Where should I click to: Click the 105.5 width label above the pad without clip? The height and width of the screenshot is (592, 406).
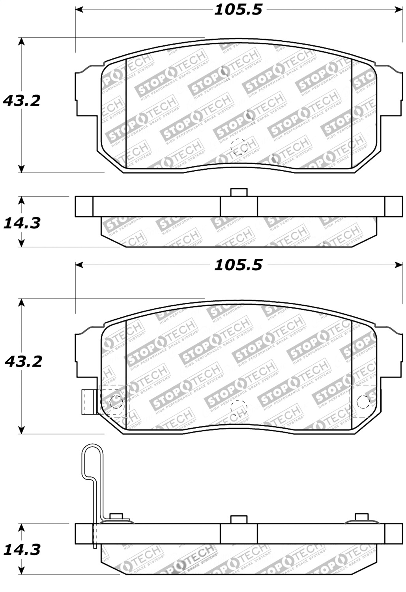[x=238, y=9]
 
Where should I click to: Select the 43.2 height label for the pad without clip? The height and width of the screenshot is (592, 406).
[x=22, y=101]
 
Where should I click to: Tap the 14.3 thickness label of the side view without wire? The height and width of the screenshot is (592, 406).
[x=22, y=223]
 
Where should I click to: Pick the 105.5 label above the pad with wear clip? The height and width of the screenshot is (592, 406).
[x=238, y=265]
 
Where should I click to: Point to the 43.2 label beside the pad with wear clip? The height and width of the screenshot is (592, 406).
[x=23, y=361]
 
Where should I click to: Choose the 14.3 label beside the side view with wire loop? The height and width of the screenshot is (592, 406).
[x=22, y=549]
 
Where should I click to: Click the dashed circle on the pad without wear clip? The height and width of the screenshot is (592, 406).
[x=239, y=146]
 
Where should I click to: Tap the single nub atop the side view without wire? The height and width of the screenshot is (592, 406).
[x=239, y=192]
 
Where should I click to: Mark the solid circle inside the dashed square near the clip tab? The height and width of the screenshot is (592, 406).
[x=116, y=402]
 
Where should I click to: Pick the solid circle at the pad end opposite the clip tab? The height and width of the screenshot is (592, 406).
[x=363, y=402]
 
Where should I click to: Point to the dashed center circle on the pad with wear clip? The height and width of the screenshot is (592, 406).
[x=239, y=408]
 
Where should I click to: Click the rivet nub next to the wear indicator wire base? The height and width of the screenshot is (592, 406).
[x=116, y=517]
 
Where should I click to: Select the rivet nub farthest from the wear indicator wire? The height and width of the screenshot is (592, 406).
[x=361, y=517]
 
